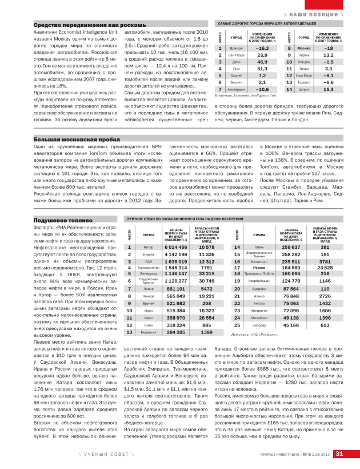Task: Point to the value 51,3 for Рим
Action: pos(262,69)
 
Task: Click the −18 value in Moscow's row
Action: pos(329,49)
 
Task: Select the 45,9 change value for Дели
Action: pos(262,62)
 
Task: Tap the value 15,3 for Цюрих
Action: pos(329,89)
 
